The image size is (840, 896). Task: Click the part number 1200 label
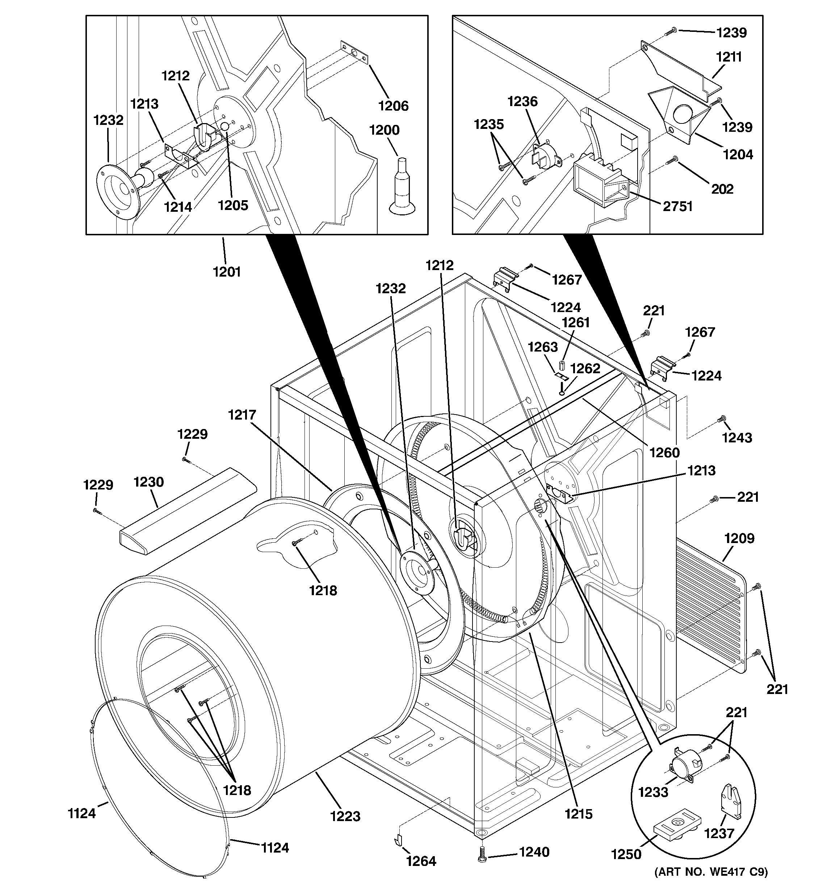click(x=384, y=130)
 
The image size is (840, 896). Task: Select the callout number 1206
click(x=393, y=106)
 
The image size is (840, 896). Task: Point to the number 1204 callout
click(x=738, y=155)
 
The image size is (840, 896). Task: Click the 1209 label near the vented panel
click(x=739, y=538)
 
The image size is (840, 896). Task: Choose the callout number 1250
click(x=626, y=854)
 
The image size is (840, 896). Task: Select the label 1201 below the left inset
click(x=227, y=272)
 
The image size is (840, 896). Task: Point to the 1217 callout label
click(x=242, y=415)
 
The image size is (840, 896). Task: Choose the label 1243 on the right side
click(x=737, y=437)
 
